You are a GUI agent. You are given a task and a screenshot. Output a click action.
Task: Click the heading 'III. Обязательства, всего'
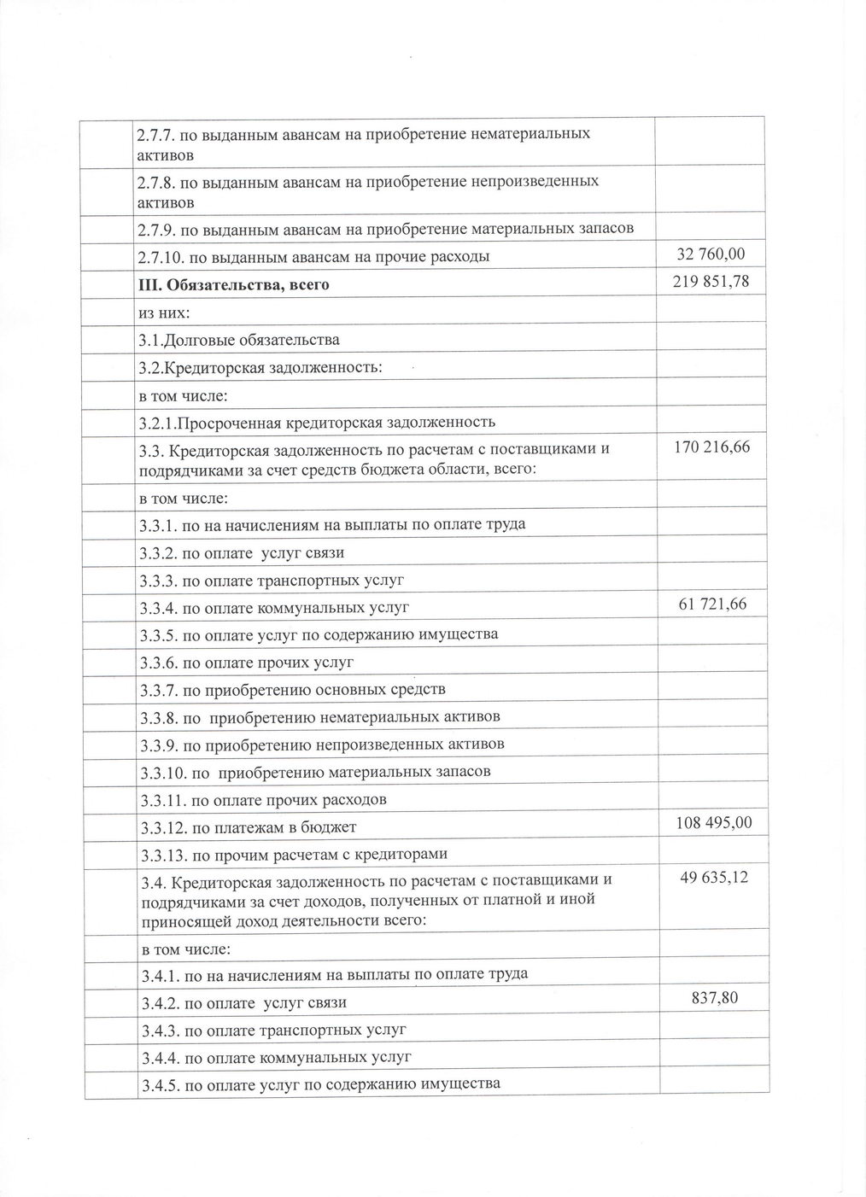point(234,284)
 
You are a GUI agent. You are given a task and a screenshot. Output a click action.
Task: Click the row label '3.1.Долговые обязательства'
point(239,340)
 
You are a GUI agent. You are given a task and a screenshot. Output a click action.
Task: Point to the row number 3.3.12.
point(161,826)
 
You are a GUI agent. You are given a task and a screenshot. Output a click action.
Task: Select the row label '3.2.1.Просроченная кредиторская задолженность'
point(317,422)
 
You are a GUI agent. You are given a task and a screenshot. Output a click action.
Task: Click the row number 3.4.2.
point(158,1002)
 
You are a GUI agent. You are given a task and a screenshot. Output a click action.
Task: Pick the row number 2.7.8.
point(156,182)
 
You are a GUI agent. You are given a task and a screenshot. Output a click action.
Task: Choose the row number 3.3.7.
point(158,689)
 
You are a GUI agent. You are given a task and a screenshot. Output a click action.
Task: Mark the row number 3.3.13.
point(161,854)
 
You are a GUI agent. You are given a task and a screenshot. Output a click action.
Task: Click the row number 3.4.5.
point(159,1085)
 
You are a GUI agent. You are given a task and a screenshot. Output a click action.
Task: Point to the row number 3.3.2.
point(158,552)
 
